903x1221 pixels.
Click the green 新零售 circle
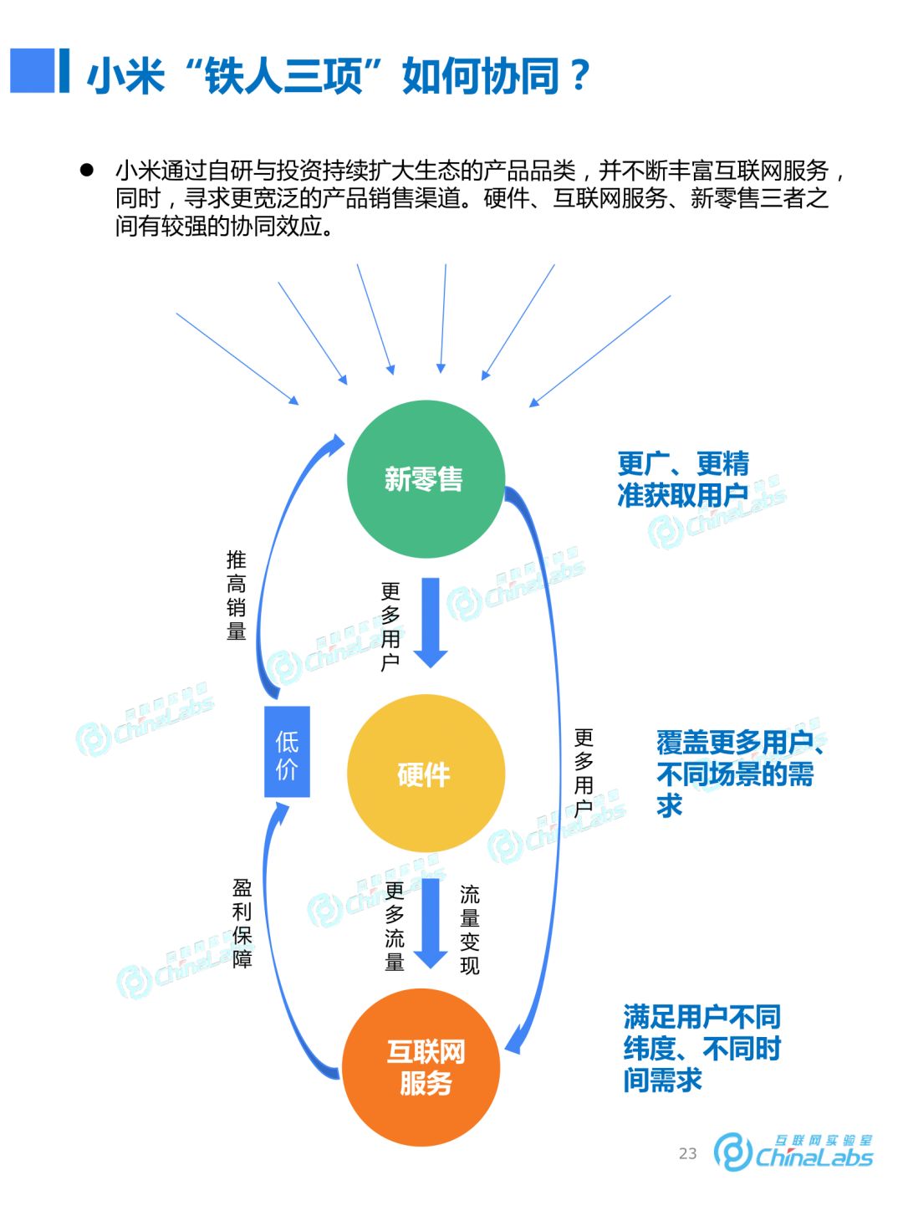tap(426, 479)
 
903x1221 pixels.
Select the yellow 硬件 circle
tap(426, 774)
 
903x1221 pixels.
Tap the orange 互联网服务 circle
tap(422, 1067)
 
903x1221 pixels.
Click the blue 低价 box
tap(287, 752)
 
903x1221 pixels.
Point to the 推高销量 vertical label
tap(237, 595)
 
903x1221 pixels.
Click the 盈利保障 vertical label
tap(242, 922)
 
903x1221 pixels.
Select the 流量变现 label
tap(470, 929)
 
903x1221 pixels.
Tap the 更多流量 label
tap(395, 926)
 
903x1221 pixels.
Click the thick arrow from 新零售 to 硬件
tap(431, 622)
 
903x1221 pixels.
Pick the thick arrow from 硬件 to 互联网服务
tap(431, 922)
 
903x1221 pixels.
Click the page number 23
tap(687, 1153)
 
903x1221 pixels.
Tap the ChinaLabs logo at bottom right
tap(793, 1152)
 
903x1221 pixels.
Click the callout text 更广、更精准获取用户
tap(683, 479)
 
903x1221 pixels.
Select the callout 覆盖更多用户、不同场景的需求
tap(736, 774)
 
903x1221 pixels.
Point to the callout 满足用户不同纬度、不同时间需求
tap(701, 1048)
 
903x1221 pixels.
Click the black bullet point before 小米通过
tap(86, 170)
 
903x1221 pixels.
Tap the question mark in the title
tap(579, 75)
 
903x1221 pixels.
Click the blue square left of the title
tap(33, 70)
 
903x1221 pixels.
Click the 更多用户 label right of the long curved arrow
tap(584, 773)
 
